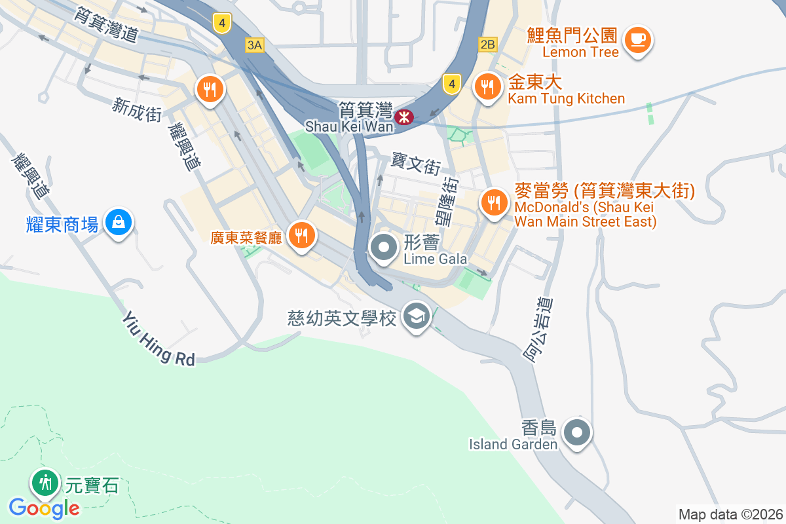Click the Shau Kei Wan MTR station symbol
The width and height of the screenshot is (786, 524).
(406, 117)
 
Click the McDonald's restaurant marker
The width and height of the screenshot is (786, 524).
(493, 201)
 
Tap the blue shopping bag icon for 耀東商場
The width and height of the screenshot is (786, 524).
(119, 222)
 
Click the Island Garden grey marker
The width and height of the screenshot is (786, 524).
(577, 432)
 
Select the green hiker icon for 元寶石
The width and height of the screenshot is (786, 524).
(45, 483)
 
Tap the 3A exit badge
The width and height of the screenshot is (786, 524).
(254, 45)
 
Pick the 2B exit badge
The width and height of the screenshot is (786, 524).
(488, 45)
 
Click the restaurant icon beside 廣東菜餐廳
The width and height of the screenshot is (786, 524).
(301, 234)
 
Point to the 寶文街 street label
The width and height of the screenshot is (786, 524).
(417, 163)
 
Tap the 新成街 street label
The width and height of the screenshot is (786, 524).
(137, 109)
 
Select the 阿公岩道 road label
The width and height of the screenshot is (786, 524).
(538, 329)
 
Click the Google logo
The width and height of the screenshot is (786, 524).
(44, 508)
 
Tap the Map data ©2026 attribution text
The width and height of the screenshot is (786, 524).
(730, 514)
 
